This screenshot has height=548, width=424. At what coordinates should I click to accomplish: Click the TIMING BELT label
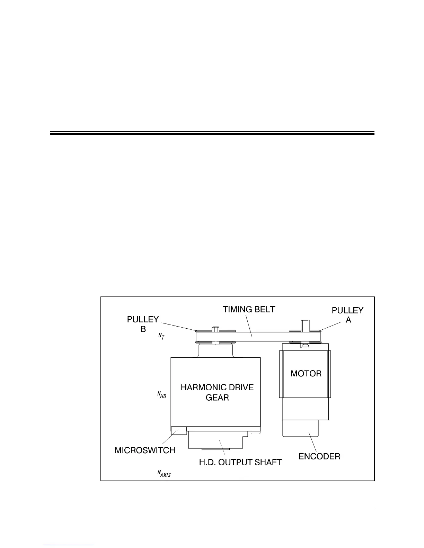(249, 309)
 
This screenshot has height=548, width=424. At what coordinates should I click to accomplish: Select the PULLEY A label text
(347, 315)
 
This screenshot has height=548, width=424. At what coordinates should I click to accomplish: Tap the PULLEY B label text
(143, 324)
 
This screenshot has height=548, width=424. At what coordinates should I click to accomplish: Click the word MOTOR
(306, 374)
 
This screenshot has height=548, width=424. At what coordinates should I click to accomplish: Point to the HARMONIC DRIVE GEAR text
(217, 392)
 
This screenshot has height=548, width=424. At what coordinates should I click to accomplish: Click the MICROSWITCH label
(145, 450)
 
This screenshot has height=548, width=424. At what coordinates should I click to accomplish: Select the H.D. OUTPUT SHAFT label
(240, 462)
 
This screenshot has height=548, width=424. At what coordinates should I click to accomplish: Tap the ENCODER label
(319, 456)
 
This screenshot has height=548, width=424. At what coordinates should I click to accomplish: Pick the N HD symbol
(162, 394)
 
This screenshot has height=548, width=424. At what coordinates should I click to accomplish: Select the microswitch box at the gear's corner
(178, 430)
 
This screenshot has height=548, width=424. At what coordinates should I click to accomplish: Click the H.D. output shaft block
(218, 440)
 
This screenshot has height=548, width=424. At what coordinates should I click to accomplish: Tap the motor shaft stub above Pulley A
(304, 325)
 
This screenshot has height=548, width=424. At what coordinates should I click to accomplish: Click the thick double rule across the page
(212, 133)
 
